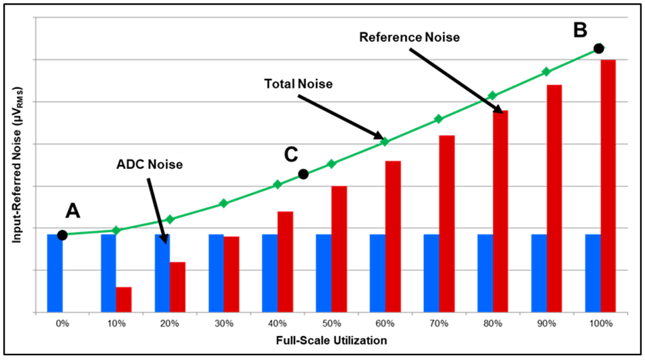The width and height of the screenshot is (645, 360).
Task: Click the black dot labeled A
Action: [x=62, y=234]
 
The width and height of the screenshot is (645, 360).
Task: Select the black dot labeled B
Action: [x=599, y=48]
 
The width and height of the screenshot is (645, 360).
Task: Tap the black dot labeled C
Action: [x=303, y=174]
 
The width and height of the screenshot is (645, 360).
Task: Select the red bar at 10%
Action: [x=124, y=299]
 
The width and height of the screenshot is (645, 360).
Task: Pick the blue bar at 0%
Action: [x=55, y=273]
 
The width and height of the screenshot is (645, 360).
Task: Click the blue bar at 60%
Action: [x=377, y=273]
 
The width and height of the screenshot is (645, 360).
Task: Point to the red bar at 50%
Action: [x=339, y=248]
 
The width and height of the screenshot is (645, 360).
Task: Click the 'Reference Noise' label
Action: [x=409, y=37]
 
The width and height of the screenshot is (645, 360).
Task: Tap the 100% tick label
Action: [x=601, y=324]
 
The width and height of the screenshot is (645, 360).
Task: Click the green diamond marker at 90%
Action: [x=546, y=71]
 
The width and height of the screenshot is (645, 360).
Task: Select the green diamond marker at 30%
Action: [x=224, y=203]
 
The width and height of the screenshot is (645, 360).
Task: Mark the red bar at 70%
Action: [x=447, y=224]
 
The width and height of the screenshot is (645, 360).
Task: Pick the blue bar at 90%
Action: [x=539, y=273]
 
